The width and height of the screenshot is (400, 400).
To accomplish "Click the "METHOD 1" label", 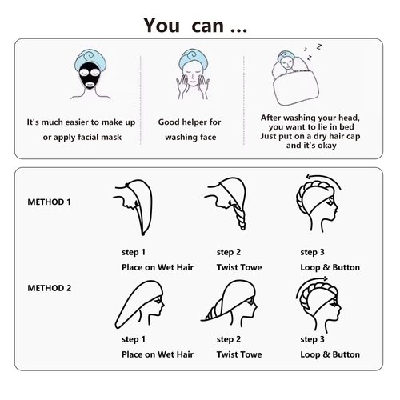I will [49, 202].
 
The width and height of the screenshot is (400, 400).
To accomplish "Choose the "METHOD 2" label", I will [49, 287].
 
